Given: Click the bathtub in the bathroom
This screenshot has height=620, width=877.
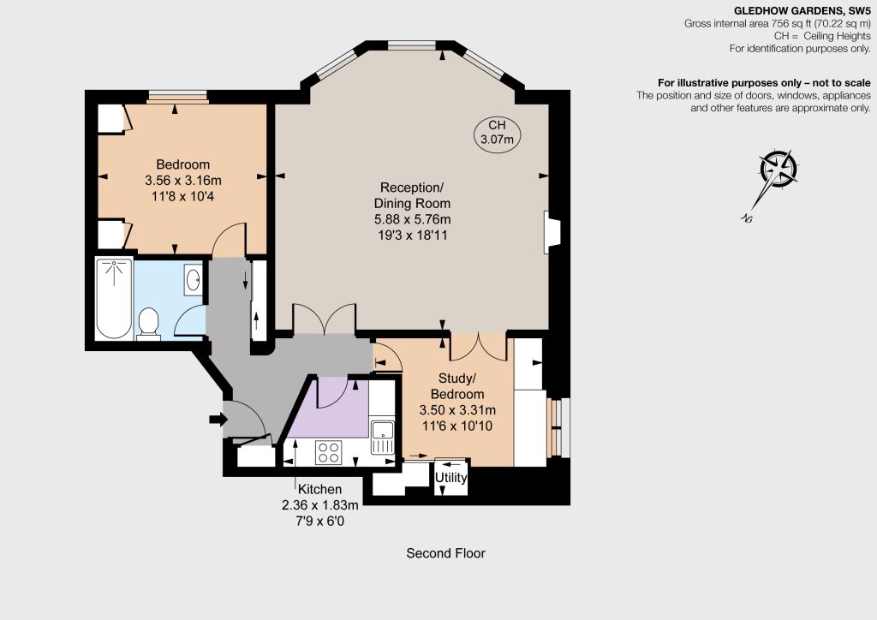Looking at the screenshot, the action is tap(114, 298).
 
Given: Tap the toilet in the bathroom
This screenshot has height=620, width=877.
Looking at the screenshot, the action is tap(148, 324).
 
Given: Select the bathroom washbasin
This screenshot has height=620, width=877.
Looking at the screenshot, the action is tap(193, 279).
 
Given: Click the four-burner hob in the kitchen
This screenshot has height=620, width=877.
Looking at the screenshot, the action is tap(328, 452).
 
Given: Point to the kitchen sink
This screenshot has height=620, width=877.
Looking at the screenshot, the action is tap(383, 438).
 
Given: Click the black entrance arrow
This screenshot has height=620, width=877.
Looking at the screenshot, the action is tap(218, 419).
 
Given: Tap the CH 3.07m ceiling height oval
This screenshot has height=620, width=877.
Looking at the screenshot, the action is tap(497, 133).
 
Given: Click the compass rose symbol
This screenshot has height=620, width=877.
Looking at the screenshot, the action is tap(778, 169).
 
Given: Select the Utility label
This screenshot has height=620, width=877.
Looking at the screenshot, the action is tap(450, 478).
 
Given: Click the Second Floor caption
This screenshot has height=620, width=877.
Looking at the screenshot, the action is tap(445, 553).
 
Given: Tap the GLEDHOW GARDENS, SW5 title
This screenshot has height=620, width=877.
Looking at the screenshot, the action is tap(802, 10).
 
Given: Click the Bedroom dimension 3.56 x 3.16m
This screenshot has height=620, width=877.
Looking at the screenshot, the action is tap(183, 181).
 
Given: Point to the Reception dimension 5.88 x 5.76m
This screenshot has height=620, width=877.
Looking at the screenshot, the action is tap(412, 219).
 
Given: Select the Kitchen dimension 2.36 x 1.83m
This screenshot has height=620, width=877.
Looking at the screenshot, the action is tap(320, 505).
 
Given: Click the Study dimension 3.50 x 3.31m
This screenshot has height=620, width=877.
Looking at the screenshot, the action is tap(457, 410).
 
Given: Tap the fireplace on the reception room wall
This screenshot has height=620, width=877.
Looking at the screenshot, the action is tap(552, 230).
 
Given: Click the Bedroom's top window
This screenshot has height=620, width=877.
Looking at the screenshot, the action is tap(176, 97).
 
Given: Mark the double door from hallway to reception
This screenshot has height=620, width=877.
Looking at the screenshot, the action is tap(325, 319).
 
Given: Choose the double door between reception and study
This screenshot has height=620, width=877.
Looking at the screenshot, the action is tap(479, 347).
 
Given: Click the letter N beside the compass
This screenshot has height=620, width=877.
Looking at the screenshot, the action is tap(746, 218).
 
